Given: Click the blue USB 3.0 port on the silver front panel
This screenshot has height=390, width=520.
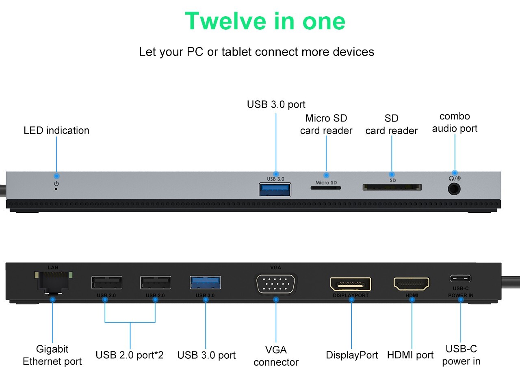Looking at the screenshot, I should [x=275, y=190].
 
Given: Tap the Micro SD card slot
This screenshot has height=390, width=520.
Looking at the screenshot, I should [x=326, y=188].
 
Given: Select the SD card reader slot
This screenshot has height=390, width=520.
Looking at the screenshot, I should [x=392, y=187].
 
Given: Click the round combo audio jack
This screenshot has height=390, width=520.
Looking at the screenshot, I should [x=454, y=189].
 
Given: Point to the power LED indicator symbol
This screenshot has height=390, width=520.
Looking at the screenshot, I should [x=56, y=184].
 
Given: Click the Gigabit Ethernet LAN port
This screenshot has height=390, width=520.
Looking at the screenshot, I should [x=53, y=281].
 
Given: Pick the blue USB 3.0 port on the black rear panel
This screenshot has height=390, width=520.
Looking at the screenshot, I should [x=205, y=282].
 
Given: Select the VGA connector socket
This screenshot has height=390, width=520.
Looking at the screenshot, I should [x=276, y=283].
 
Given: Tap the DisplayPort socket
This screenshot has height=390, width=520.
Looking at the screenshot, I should [x=351, y=284].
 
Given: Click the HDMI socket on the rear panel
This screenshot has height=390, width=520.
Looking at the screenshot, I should [x=411, y=284].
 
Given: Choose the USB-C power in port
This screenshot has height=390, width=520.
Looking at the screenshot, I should [x=460, y=279].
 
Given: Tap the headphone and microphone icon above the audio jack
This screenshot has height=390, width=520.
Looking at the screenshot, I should [x=455, y=178].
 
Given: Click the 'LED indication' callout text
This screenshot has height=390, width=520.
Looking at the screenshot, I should [x=56, y=130].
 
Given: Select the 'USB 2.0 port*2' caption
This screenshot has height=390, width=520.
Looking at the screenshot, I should [x=130, y=355].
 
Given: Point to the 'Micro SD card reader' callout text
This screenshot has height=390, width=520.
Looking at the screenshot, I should [x=326, y=124].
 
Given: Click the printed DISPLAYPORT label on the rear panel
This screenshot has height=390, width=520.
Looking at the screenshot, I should [x=351, y=296].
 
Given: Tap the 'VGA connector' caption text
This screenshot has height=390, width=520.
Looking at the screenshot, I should [x=276, y=356].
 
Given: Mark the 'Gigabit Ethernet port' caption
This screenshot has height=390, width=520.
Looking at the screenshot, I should [x=52, y=355].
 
